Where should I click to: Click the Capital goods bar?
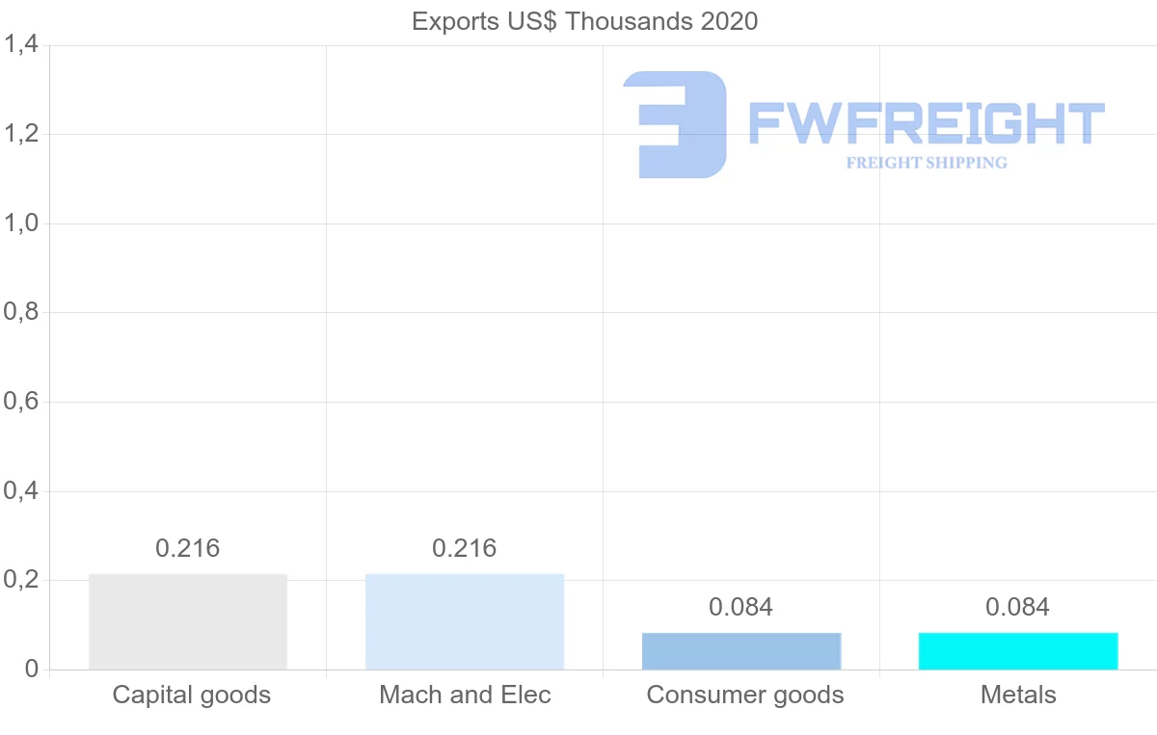click(188, 621)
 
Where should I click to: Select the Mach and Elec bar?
click(465, 621)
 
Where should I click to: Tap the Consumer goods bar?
click(741, 651)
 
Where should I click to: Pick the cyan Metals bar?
click(1018, 651)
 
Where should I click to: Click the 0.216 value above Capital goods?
click(188, 548)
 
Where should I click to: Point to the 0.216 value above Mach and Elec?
click(465, 548)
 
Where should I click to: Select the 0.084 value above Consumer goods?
click(741, 607)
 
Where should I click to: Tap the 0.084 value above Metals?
click(1018, 607)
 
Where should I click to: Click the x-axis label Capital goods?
click(192, 695)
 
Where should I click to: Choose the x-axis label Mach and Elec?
click(466, 695)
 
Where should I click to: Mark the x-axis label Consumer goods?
click(745, 695)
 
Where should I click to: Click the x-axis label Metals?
click(1018, 695)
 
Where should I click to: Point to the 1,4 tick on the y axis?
click(21, 44)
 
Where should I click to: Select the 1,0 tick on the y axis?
click(21, 223)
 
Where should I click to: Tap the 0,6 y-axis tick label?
click(21, 402)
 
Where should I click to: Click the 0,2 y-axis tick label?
click(21, 581)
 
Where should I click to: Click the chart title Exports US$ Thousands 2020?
click(585, 21)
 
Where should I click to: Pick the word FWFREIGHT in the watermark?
click(926, 123)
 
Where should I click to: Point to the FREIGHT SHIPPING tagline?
click(927, 163)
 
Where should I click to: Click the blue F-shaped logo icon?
click(675, 124)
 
